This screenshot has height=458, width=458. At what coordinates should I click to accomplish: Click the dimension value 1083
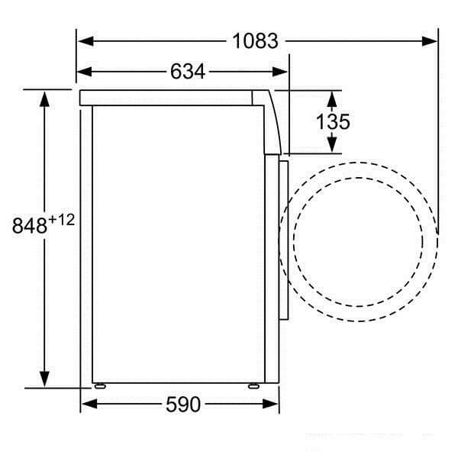click(256, 40)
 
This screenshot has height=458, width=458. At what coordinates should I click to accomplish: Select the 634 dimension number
click(188, 72)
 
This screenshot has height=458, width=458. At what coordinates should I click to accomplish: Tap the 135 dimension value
click(333, 121)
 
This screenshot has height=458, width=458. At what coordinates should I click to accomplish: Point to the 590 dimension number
click(183, 405)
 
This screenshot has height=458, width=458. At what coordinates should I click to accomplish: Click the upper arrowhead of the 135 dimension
click(332, 98)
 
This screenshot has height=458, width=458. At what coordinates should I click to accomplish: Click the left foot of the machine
click(98, 385)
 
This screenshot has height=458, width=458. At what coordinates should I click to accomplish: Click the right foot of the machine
click(253, 385)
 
